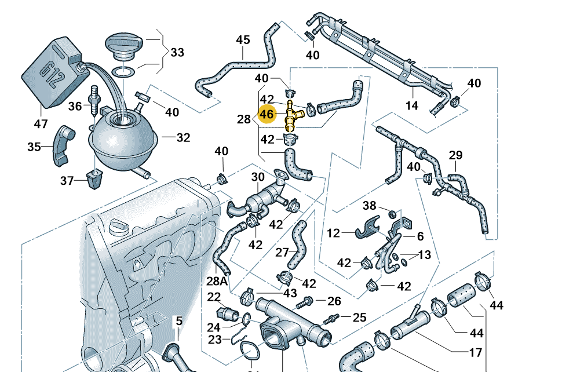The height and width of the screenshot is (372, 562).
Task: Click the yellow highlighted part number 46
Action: [x=267, y=114]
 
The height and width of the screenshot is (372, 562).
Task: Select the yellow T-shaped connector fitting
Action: [x=291, y=115]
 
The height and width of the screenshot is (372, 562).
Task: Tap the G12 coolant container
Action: [x=54, y=72]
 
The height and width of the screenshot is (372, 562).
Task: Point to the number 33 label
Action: [x=177, y=53]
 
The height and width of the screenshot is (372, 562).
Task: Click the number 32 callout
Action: [x=183, y=138]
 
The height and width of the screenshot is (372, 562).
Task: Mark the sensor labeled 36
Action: [x=94, y=101]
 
